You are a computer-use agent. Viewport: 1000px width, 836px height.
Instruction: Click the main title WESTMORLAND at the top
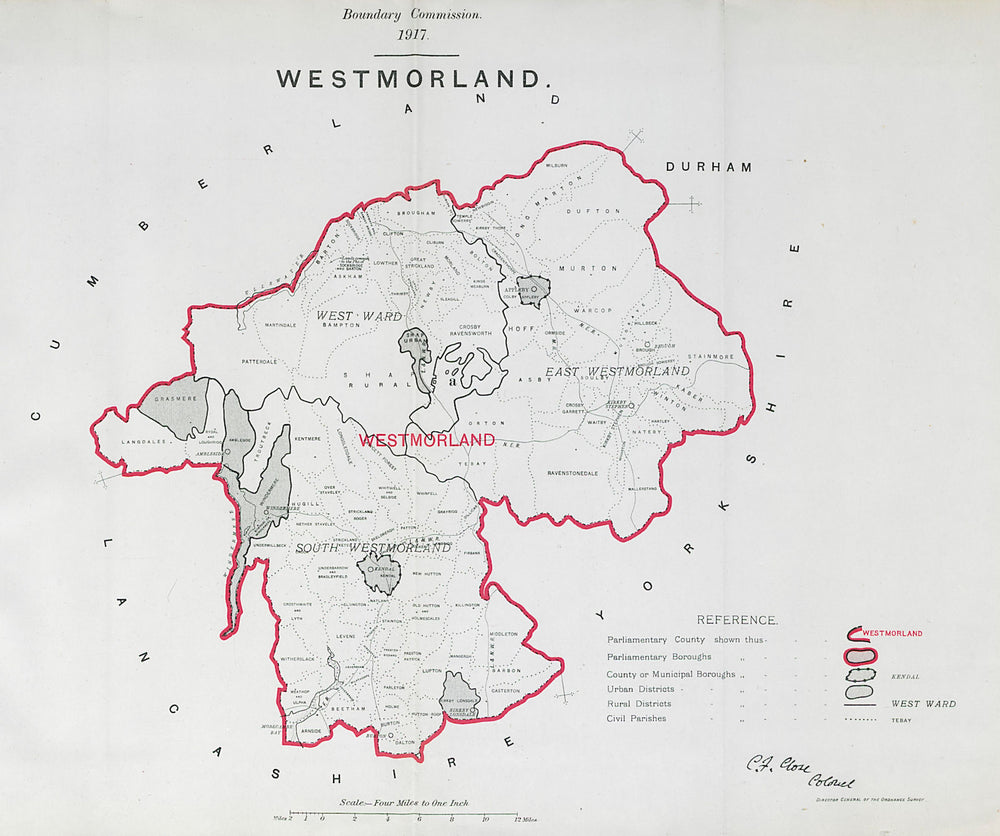tap(411, 79)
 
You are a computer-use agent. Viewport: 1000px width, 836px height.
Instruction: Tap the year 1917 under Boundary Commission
tap(412, 35)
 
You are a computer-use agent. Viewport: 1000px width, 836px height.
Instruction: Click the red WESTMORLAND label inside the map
tap(427, 440)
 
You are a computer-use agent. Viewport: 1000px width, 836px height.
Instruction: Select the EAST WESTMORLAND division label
tap(617, 372)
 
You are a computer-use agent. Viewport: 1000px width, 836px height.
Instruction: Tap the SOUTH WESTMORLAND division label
tap(372, 549)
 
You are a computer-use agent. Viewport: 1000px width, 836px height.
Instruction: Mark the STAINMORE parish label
tap(710, 356)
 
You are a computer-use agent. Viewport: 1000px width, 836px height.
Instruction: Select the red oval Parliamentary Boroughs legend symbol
tap(862, 656)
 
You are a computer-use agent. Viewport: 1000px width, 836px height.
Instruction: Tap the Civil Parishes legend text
tap(636, 718)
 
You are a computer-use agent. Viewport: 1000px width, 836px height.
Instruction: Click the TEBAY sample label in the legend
tap(902, 719)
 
